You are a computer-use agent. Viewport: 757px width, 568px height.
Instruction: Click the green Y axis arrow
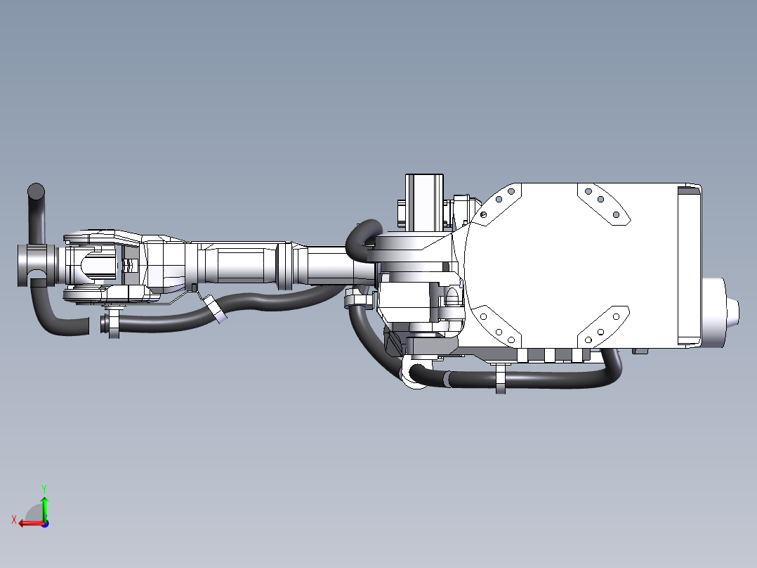pos(44,508)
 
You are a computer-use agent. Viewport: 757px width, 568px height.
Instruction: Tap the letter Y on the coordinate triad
pos(44,489)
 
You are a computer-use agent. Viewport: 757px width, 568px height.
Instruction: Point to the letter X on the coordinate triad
pos(14,519)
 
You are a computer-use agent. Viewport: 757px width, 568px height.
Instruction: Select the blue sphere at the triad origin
pos(45,524)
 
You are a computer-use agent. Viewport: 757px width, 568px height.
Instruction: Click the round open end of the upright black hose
pos(37,191)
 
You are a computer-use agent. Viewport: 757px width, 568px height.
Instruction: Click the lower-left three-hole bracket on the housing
pos(497,326)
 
